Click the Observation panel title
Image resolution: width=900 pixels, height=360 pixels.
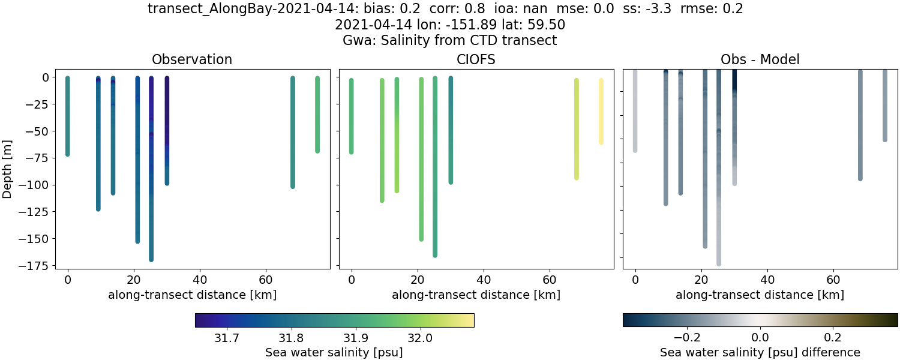pyautogui.click(x=192, y=60)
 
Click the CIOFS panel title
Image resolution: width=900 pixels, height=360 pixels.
pyautogui.click(x=476, y=60)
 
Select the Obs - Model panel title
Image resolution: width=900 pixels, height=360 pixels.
pyautogui.click(x=760, y=60)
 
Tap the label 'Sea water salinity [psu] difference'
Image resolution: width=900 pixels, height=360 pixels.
pyautogui.click(x=760, y=352)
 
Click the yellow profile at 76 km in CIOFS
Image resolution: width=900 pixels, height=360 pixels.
pyautogui.click(x=601, y=112)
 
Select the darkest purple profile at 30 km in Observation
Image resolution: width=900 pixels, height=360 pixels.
pyautogui.click(x=167, y=120)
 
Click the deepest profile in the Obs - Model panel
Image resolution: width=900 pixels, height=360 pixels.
pyautogui.click(x=718, y=180)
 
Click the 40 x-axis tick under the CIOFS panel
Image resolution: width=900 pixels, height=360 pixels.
pyautogui.click(x=484, y=280)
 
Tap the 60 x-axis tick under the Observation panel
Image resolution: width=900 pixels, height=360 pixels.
pyautogui.click(x=266, y=280)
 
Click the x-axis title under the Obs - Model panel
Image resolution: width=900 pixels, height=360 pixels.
pyautogui.click(x=760, y=295)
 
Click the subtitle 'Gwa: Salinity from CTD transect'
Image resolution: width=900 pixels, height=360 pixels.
pyautogui.click(x=449, y=40)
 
